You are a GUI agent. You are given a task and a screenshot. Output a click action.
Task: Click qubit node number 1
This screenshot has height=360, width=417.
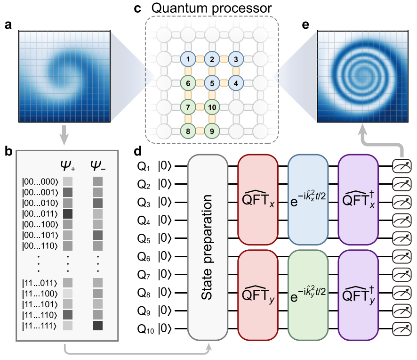(x=187, y=59)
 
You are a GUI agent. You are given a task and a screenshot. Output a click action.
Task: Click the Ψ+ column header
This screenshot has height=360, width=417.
(x=69, y=166)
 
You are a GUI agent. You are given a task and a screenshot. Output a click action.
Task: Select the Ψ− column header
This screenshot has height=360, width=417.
(x=98, y=166)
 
